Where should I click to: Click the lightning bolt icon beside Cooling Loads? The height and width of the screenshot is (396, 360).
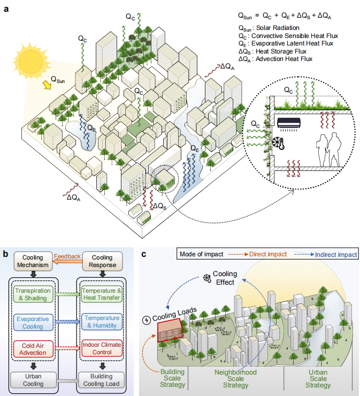point(149,320)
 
